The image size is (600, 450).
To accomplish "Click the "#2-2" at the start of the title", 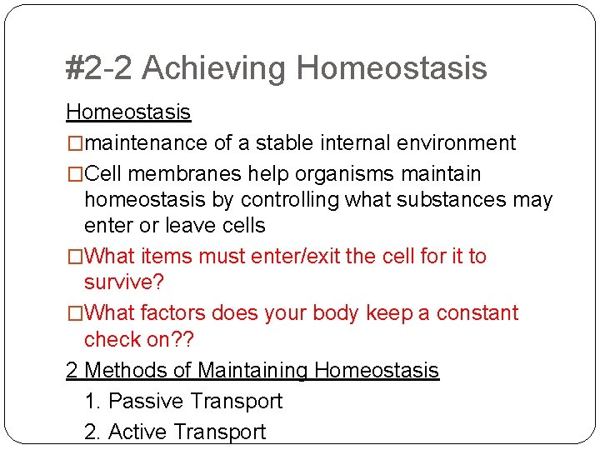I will pyautogui.click(x=99, y=68).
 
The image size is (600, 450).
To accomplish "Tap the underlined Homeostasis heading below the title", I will pyautogui.click(x=128, y=112).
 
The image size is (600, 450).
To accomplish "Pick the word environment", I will pyautogui.click(x=457, y=143).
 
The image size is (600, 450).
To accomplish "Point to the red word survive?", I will pyautogui.click(x=124, y=282).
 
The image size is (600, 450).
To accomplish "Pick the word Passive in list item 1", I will pyautogui.click(x=146, y=401).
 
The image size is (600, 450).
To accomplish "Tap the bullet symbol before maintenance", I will pyautogui.click(x=75, y=143).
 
